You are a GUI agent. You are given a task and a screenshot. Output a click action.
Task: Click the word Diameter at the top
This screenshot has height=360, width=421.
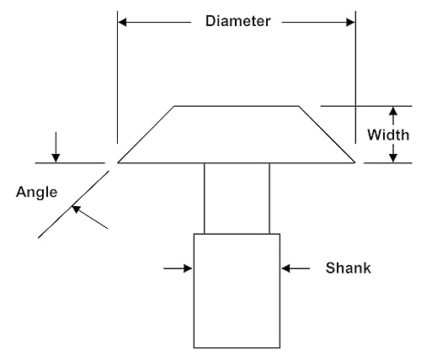tap(237, 21)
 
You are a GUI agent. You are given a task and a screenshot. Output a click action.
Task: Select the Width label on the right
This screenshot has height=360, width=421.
tap(388, 135)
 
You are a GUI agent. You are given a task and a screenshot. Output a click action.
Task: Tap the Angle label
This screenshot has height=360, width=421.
tap(37, 192)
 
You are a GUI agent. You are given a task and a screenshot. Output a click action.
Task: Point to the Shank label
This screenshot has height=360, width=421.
tap(348, 268)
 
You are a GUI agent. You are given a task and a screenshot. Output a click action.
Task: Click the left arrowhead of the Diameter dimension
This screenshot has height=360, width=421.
tap(123, 21)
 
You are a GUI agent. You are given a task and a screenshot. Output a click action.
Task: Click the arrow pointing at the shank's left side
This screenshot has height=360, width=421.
tap(179, 268)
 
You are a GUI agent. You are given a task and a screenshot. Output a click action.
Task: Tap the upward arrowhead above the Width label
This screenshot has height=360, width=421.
tap(392, 112)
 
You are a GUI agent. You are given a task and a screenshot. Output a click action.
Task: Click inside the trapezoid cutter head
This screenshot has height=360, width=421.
tap(236, 135)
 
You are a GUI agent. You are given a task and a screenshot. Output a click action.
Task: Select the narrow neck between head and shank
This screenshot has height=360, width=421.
tap(237, 198)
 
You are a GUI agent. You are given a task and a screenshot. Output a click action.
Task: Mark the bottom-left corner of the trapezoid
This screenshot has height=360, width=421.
tap(118, 161)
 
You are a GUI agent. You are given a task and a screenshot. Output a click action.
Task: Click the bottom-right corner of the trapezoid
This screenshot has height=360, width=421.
tap(354, 161)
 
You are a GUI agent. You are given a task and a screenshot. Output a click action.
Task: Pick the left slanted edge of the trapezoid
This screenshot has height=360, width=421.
tap(147, 134)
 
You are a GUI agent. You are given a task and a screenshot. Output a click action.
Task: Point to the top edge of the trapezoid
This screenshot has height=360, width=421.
tap(236, 106)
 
